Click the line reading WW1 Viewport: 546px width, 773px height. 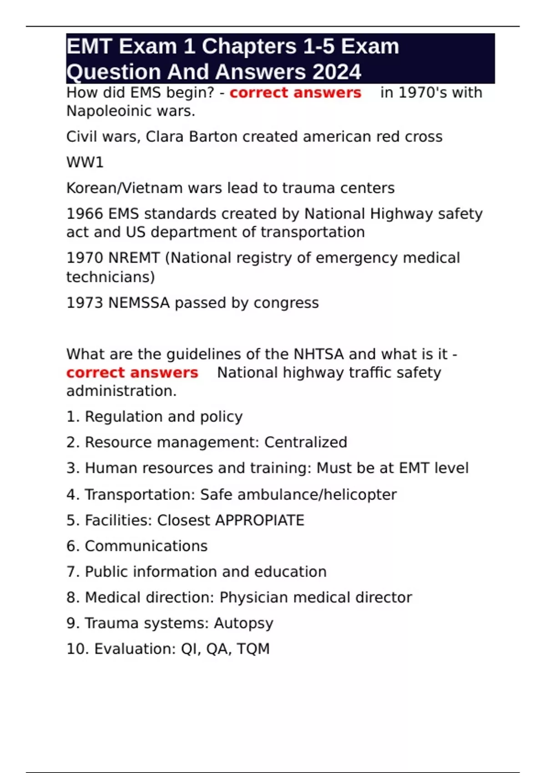[85, 162]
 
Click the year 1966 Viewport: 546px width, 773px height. [85, 214]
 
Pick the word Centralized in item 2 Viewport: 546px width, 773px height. [306, 442]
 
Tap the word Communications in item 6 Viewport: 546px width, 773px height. [146, 546]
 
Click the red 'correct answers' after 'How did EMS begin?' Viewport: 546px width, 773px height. [295, 93]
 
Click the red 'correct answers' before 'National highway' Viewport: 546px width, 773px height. [132, 373]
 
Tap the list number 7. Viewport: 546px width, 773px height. [71, 572]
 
